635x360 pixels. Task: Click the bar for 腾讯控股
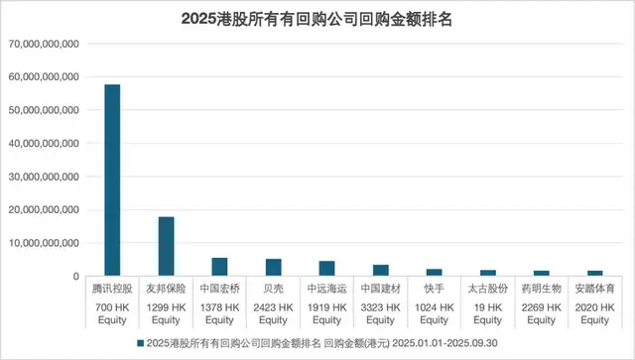tap(112, 180)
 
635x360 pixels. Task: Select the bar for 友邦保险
tap(166, 246)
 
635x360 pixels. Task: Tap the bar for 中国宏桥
tap(219, 267)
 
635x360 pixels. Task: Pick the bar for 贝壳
tap(273, 267)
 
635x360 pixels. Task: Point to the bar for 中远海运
tap(326, 269)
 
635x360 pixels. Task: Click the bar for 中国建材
tap(380, 270)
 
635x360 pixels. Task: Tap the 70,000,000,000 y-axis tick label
tap(45, 44)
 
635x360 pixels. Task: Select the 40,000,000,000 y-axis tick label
tap(45, 143)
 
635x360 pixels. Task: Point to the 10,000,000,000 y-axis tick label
tap(45, 242)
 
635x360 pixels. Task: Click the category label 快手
tap(434, 289)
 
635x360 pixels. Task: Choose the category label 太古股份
tap(487, 289)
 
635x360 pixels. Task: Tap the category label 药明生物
tap(541, 289)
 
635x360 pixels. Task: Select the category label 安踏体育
tap(594, 289)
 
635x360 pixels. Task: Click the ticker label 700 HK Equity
tap(112, 313)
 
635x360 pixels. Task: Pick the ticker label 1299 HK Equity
tap(166, 313)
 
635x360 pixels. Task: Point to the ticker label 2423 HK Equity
tap(273, 313)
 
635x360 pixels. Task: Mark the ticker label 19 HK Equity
tap(487, 313)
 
